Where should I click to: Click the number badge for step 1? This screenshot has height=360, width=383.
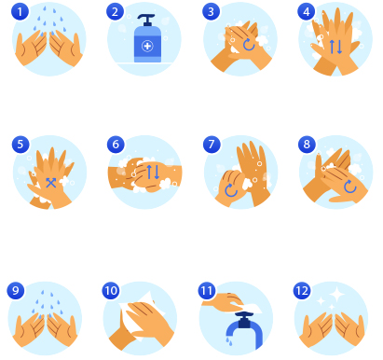click(20, 12)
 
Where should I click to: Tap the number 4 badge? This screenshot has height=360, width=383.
click(307, 12)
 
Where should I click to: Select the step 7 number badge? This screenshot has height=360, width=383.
click(212, 145)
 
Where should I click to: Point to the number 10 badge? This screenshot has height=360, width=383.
click(111, 291)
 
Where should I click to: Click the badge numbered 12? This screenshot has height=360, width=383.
click(302, 291)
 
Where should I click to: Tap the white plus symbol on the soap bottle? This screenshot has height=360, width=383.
click(147, 47)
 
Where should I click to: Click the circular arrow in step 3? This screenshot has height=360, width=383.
click(249, 45)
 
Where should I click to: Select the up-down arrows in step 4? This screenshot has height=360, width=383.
click(335, 47)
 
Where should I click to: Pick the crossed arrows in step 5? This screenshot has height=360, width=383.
click(51, 183)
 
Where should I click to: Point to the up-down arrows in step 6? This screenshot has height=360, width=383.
click(153, 172)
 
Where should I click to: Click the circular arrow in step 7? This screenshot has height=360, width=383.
click(231, 190)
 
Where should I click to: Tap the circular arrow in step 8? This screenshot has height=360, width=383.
click(350, 187)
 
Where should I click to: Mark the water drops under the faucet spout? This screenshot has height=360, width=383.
click(229, 341)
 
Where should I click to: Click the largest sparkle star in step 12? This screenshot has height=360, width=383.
click(336, 294)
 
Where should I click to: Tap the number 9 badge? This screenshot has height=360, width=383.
click(16, 291)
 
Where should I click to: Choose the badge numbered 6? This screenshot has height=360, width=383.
click(116, 145)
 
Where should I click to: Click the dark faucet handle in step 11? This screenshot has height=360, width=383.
click(244, 320)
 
